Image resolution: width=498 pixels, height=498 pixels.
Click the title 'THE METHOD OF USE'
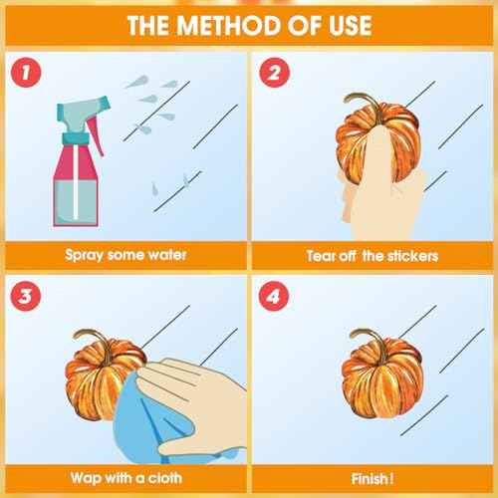coord(248,24)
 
